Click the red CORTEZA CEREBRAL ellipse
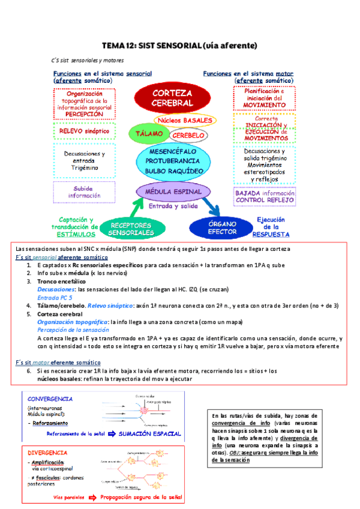click(x=172, y=98)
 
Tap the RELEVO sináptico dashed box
click(x=83, y=130)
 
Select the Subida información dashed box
click(x=83, y=191)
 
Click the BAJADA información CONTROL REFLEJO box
click(x=263, y=196)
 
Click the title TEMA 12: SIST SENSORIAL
click(x=179, y=45)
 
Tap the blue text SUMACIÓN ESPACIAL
click(x=151, y=433)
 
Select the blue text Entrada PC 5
click(x=55, y=297)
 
